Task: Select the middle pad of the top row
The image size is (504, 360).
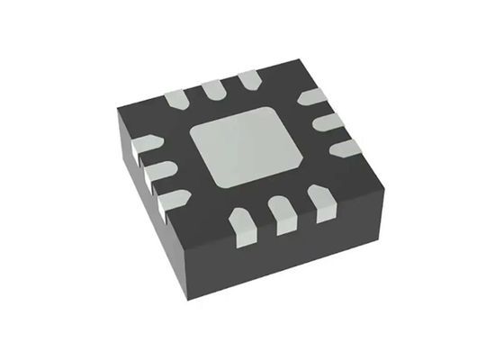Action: [213, 87]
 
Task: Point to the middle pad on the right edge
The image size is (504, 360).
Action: [328, 121]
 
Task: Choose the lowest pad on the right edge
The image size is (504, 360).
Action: [344, 147]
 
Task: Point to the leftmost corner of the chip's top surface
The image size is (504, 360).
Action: [119, 110]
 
